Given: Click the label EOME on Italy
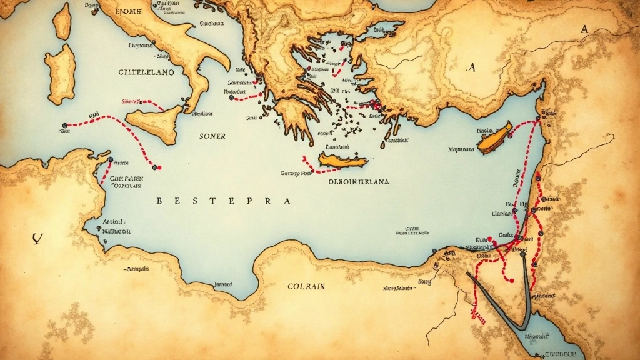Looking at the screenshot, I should coord(130,11).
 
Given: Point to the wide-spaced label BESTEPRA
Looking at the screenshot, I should coord(223,202).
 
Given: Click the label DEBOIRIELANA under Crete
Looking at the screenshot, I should coord(358,182).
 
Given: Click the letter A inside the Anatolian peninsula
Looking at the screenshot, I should coord(471,68).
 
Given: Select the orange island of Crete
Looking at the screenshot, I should coord(343,161).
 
